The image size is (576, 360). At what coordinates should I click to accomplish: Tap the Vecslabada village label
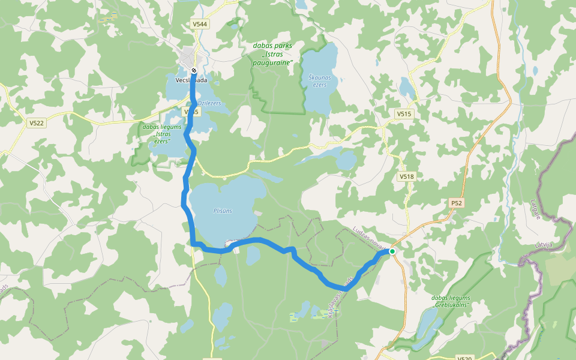pos(191,80)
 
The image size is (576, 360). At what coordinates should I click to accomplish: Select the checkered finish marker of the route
pos(193,70)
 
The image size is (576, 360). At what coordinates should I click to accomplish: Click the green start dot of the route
pos(392,251)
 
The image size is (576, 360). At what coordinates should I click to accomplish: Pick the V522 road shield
pos(37,122)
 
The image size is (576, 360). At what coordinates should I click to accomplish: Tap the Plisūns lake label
pos(222,211)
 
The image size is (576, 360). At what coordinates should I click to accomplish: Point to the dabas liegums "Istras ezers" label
pos(157,133)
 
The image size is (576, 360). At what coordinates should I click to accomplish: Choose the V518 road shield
pos(406,176)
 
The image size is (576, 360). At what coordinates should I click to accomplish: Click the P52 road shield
pos(456,203)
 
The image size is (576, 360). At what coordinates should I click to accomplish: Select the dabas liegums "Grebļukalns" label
pos(451,301)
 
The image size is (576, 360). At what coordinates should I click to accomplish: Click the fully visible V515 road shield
pos(404,113)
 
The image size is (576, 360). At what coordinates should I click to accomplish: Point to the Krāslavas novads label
pos(341,294)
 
